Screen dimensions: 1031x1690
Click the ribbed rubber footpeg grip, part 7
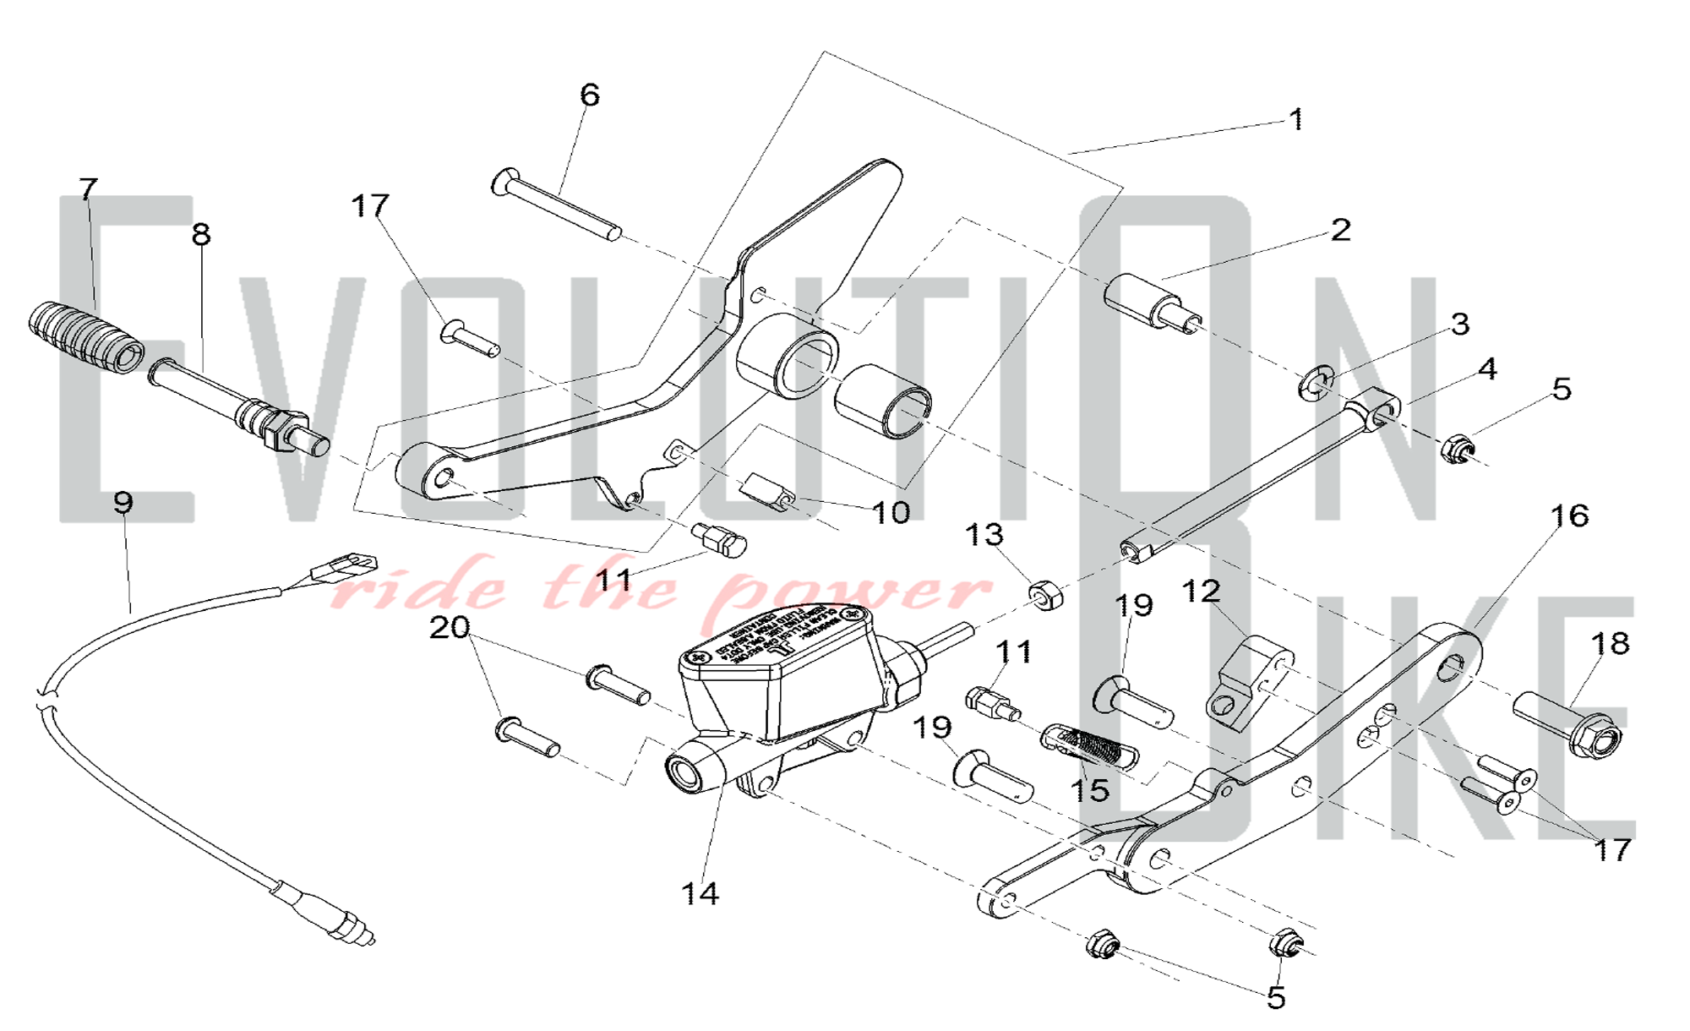click(84, 337)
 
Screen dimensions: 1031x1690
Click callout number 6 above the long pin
click(590, 95)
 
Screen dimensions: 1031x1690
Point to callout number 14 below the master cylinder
click(700, 893)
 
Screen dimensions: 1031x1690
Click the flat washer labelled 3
click(1314, 384)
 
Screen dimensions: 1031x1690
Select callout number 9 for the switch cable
click(123, 503)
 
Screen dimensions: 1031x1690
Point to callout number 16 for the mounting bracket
click(1570, 515)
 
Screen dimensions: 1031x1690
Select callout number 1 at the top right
click(1296, 119)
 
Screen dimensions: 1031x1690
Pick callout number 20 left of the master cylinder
click(449, 628)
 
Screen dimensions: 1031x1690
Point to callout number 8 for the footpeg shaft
click(200, 234)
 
